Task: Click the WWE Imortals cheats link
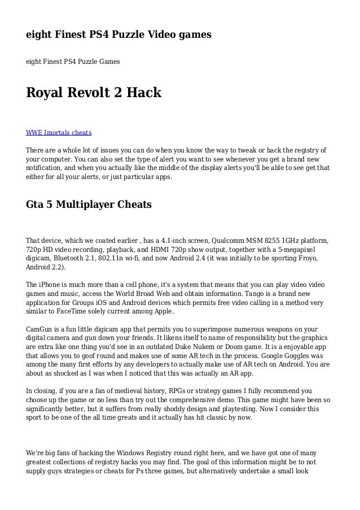pyautogui.click(x=59, y=133)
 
